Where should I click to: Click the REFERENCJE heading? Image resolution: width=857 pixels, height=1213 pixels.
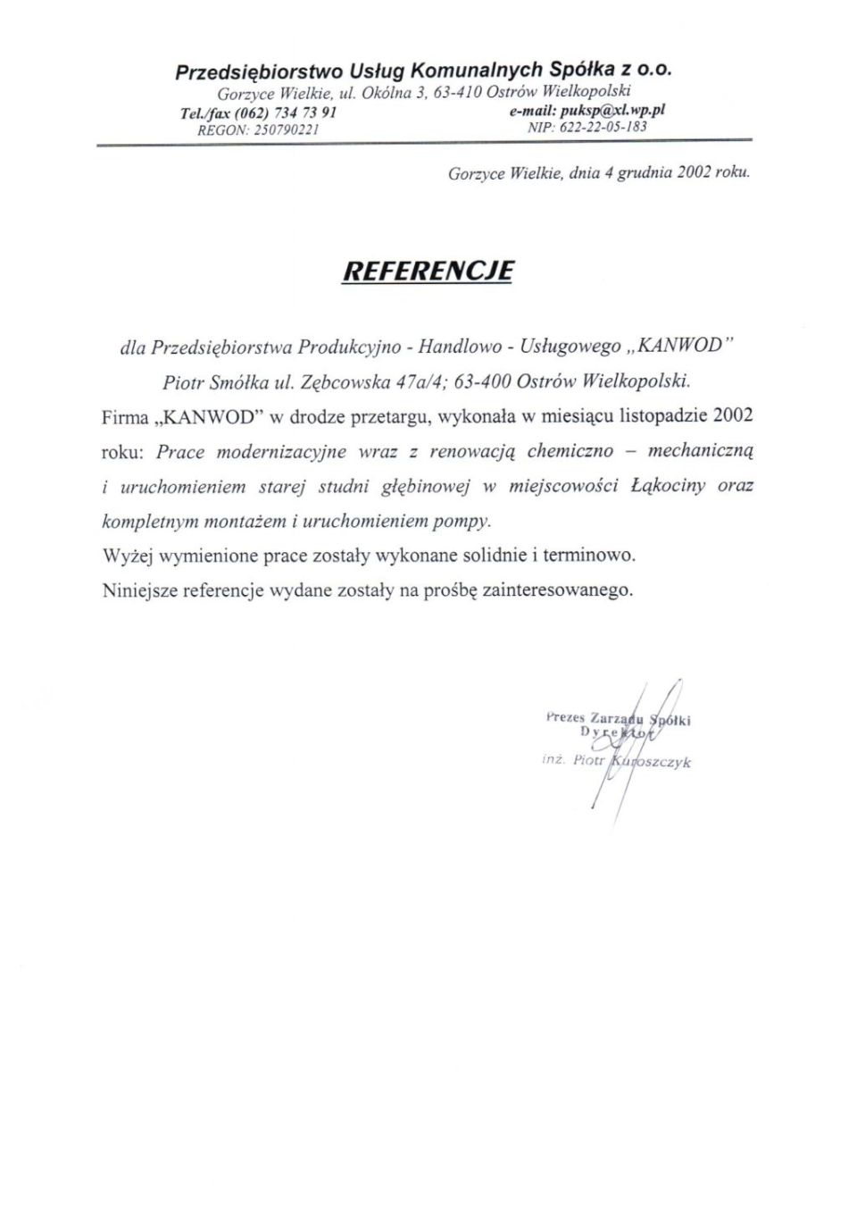click(428, 270)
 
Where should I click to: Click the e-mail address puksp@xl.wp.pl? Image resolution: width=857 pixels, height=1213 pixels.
click(613, 111)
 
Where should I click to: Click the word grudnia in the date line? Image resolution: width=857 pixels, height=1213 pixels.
click(644, 173)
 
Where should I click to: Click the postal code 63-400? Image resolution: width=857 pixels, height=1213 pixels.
click(483, 382)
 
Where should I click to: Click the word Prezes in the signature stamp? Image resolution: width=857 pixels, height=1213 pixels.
click(564, 717)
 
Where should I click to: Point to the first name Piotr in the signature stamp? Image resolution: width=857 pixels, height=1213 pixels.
click(589, 760)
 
